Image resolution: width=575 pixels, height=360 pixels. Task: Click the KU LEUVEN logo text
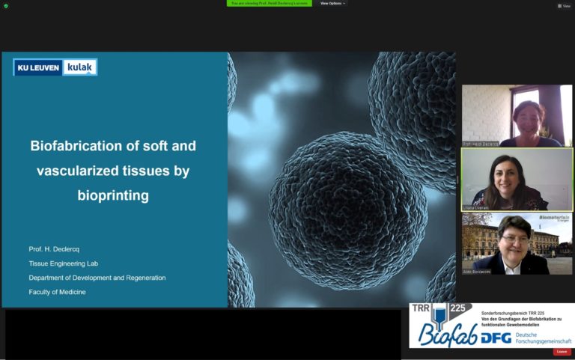38,67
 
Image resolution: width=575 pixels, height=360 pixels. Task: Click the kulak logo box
79,67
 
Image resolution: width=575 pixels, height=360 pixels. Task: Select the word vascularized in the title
79,171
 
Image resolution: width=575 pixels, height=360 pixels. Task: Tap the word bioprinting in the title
113,196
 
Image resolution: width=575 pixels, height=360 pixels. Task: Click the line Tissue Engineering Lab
64,263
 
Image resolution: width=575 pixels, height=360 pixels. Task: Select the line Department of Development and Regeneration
97,278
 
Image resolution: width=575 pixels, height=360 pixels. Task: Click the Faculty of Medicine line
57,292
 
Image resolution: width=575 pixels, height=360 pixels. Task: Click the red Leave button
562,352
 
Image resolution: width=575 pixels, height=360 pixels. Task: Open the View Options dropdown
332,4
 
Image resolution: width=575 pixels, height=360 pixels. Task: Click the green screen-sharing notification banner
269,4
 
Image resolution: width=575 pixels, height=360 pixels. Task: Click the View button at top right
564,5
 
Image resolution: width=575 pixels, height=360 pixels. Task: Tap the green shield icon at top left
6,6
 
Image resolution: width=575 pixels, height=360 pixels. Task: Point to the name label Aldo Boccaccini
481,271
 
